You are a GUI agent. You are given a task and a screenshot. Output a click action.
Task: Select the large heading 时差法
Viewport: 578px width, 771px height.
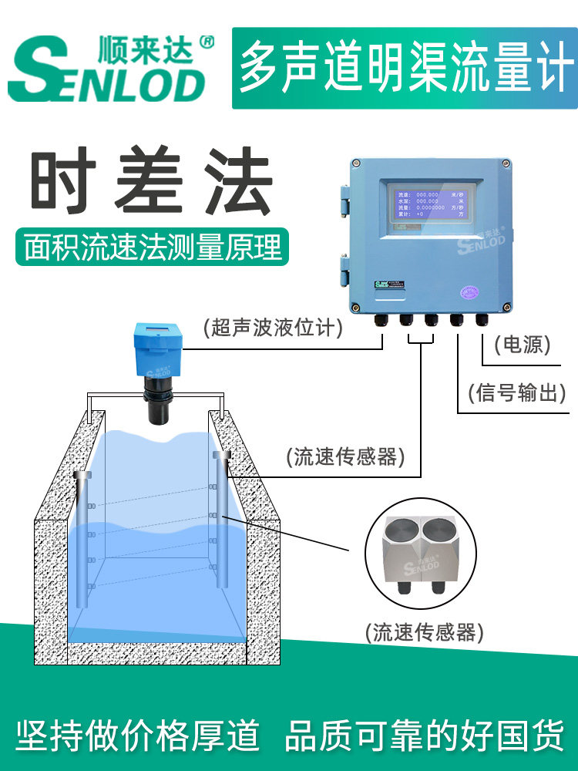151,187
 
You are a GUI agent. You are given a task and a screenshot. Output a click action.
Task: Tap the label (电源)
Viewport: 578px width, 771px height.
523,345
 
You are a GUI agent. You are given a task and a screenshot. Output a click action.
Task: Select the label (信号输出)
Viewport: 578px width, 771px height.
517,393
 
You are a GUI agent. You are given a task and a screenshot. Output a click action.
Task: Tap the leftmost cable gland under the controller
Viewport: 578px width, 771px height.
380,319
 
